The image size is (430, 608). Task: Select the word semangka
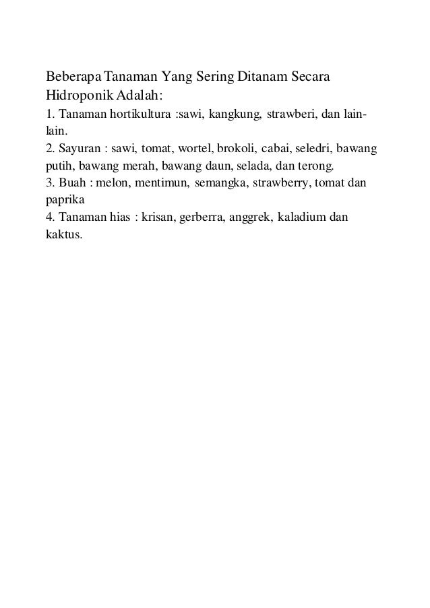click(x=214, y=183)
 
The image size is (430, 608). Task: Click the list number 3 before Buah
click(x=49, y=183)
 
